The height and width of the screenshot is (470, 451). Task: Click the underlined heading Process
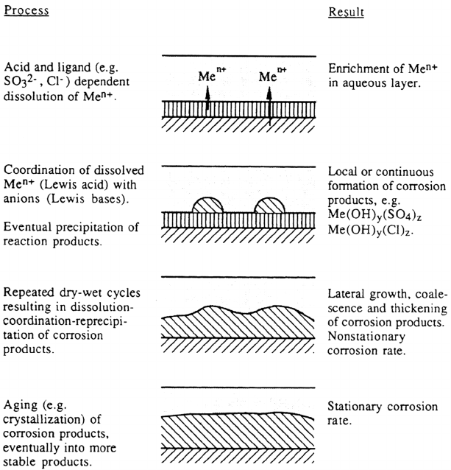pyautogui.click(x=26, y=10)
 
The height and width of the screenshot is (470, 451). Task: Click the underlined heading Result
pyautogui.click(x=346, y=13)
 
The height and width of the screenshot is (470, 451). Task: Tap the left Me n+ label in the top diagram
pyautogui.click(x=212, y=74)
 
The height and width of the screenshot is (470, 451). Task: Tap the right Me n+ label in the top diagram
pyautogui.click(x=273, y=74)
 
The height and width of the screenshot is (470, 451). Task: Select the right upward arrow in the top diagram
pyautogui.click(x=269, y=106)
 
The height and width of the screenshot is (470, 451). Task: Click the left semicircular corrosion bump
pyautogui.click(x=207, y=205)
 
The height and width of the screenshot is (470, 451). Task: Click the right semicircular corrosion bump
pyautogui.click(x=269, y=205)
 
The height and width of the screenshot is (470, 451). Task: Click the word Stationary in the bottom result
pyautogui.click(x=355, y=407)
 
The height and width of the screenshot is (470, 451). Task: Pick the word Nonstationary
pyautogui.click(x=366, y=337)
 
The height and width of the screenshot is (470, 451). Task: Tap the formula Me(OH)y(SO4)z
pyautogui.click(x=374, y=214)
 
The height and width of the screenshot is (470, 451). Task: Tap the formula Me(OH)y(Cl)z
pyautogui.click(x=371, y=230)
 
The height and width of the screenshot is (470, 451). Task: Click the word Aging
pyautogui.click(x=20, y=406)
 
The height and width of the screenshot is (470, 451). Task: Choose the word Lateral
pyautogui.click(x=347, y=294)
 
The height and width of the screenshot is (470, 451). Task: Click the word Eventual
pyautogui.click(x=27, y=227)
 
